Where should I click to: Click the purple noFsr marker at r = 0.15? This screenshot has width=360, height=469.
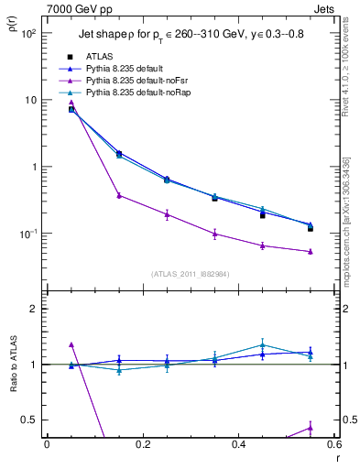(x=119, y=195)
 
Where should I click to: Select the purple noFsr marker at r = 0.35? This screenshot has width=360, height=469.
(x=214, y=234)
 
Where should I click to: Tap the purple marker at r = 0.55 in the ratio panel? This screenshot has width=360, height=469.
(x=311, y=427)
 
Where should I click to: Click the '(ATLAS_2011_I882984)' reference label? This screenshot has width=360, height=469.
(x=191, y=273)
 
